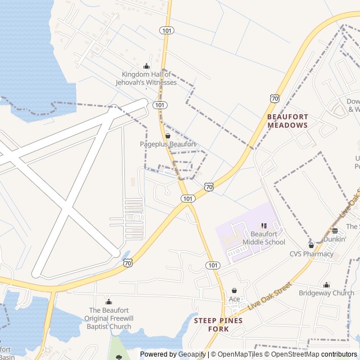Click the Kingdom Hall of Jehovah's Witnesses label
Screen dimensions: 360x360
coord(150,78)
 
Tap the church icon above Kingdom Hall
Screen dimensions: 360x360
coord(147,66)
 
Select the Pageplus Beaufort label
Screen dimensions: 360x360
coord(168,144)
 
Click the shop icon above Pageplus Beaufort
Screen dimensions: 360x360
coord(168,136)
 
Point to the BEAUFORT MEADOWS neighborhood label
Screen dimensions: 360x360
coord(287,121)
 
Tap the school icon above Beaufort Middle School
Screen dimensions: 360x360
coord(264,225)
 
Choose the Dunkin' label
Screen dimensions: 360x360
coord(334,239)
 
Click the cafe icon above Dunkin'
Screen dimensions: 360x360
coord(335,230)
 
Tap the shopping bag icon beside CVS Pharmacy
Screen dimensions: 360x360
coord(311,245)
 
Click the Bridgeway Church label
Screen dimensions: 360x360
coord(326,293)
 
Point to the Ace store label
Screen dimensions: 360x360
coord(234,299)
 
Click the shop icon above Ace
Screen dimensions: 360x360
coord(234,290)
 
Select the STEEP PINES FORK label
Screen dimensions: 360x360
coord(218,325)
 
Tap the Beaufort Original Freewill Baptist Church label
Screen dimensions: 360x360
coord(109,318)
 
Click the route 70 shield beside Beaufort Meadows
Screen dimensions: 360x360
coord(274,98)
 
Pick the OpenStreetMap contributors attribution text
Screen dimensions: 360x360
coord(313,354)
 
